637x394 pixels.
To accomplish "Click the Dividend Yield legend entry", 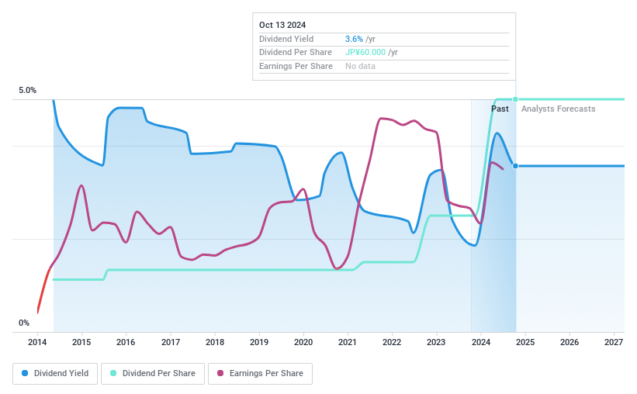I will click(55, 373).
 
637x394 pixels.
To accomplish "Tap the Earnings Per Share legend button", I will click(260, 373).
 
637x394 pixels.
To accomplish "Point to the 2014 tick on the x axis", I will click(37, 342).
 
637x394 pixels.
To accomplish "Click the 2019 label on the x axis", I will click(259, 342).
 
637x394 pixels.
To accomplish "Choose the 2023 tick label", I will click(436, 342).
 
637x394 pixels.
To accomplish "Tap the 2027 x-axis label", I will click(614, 342).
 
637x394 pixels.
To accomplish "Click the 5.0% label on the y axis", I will click(27, 91).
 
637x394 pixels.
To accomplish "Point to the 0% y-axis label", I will click(24, 323).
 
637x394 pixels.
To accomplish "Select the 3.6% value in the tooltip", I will click(354, 39).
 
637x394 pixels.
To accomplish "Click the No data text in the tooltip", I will click(360, 66).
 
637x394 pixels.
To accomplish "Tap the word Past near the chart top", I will click(500, 109).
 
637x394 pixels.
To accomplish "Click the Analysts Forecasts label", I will click(558, 109).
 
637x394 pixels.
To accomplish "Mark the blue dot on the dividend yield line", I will click(515, 166).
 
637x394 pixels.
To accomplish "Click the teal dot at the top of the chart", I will click(515, 99).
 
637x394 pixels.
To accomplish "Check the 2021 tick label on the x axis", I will click(348, 342).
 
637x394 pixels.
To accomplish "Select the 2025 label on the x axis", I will click(525, 342).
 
